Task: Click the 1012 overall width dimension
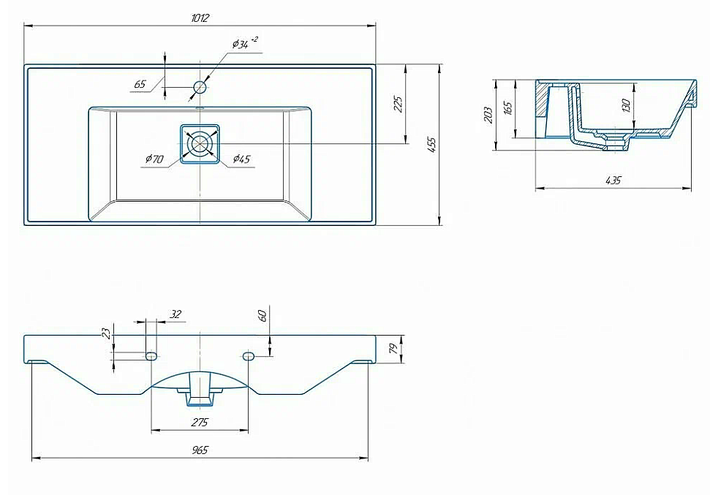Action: pos(200,18)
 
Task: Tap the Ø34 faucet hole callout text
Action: pos(245,43)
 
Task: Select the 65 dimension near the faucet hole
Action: pos(140,84)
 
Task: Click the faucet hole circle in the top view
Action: pos(200,86)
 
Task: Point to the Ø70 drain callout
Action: pos(154,159)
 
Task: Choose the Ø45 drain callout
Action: pos(241,159)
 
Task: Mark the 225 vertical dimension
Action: pos(397,104)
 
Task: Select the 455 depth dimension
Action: pos(431,145)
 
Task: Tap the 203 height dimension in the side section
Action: pos(488,115)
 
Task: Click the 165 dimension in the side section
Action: pos(507,108)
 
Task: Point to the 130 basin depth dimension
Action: pos(626,105)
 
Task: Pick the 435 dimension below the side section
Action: pos(613,181)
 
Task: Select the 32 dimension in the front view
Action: pos(175,314)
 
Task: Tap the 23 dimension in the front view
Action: pos(107,333)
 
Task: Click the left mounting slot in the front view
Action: pos(151,356)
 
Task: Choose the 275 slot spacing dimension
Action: pos(199,423)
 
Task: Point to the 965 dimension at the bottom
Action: pos(200,450)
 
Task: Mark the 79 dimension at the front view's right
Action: pos(393,348)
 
